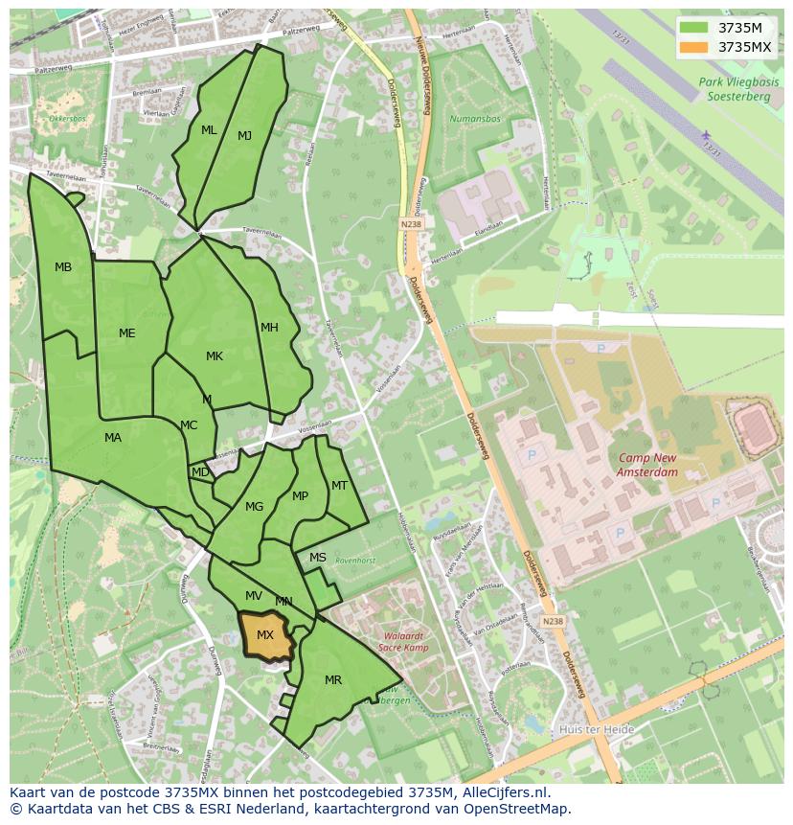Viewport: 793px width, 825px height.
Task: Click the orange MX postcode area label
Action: pos(265,635)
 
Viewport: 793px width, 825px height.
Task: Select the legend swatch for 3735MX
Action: pos(694,47)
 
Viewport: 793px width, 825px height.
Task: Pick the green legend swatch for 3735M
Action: pos(694,28)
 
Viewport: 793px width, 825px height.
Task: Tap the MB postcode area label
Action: pos(63,267)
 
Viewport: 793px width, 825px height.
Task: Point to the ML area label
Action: pos(209,130)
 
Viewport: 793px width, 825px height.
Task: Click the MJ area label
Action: pos(244,136)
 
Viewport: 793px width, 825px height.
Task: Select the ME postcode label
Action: pos(126,333)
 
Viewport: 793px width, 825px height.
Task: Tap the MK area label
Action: pos(215,356)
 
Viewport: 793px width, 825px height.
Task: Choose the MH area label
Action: pos(269,328)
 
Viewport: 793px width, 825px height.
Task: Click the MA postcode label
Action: pos(113,438)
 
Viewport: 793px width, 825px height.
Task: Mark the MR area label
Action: pos(333,680)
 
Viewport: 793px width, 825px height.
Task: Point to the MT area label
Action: pos(339,486)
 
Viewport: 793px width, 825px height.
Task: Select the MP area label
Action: pos(300,496)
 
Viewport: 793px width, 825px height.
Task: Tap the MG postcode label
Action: pos(254,507)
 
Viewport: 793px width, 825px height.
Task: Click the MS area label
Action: pos(318,558)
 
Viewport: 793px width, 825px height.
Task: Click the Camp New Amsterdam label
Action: pos(647,465)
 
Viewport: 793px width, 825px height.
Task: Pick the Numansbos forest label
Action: pos(474,120)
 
